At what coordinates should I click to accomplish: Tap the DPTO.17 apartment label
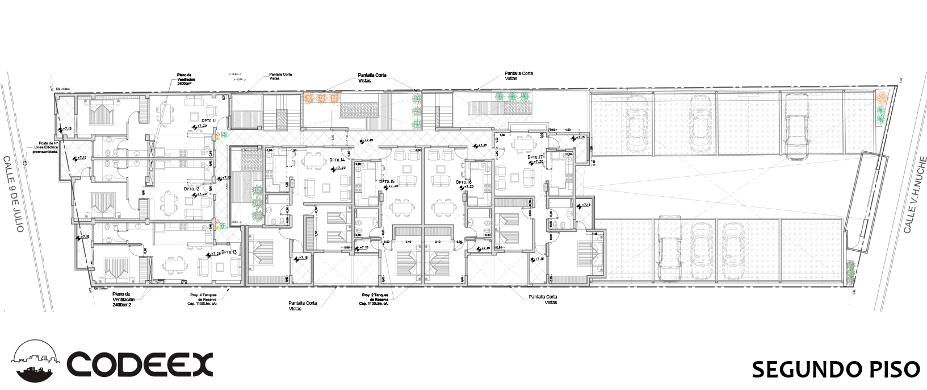pos(535,157)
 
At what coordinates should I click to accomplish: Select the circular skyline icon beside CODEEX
pos(36,363)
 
